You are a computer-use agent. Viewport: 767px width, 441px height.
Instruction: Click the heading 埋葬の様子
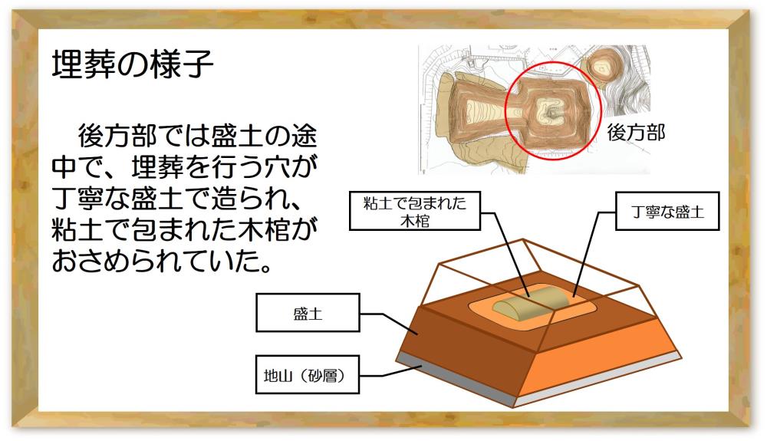pos(132,64)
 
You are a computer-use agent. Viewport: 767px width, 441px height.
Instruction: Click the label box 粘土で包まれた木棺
pos(415,211)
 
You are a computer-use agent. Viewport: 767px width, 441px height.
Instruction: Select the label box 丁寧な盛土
pos(667,211)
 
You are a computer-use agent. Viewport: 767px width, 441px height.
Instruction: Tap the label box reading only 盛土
pos(308,313)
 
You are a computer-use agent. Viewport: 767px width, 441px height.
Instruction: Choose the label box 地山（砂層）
pos(308,374)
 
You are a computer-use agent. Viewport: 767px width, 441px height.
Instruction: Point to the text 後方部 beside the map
pos(636,133)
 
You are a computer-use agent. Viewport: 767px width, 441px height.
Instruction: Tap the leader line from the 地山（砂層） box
pos(392,372)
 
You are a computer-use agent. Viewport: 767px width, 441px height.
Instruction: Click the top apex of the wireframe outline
pos(523,239)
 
